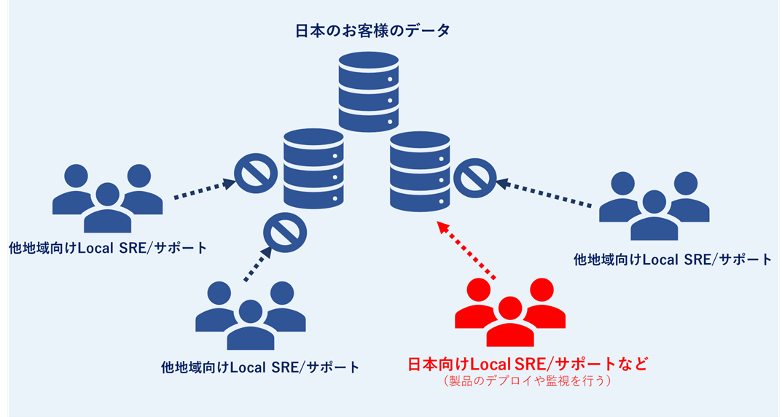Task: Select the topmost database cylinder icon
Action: [369, 91]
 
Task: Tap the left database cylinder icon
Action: [313, 167]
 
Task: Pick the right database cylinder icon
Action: [420, 171]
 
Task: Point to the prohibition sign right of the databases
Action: [475, 176]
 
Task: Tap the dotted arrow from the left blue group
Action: [203, 190]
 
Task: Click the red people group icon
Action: [510, 311]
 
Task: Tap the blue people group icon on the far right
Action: [654, 206]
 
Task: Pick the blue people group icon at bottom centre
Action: [251, 315]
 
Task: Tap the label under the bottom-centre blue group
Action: [260, 367]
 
